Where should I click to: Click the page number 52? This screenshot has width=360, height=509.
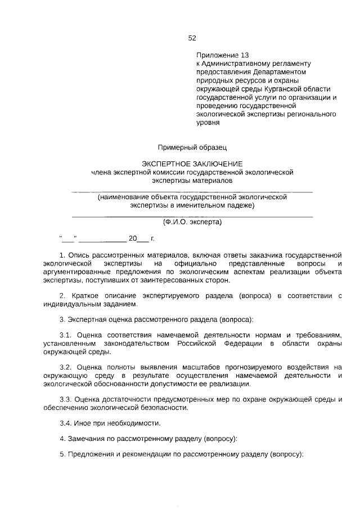tap(192, 38)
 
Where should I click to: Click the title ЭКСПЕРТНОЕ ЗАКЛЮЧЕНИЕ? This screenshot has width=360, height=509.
tap(192, 163)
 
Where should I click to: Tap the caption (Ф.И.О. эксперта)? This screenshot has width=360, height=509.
tap(192, 222)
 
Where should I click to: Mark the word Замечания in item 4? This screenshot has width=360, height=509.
tap(86, 438)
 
